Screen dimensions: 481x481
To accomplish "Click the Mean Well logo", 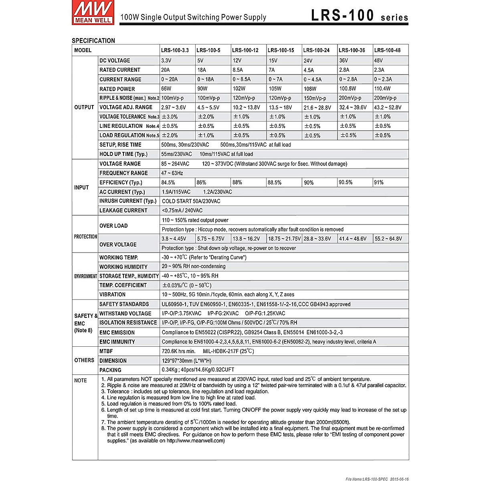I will click(93, 12).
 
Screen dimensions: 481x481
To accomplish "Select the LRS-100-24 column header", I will click(316, 50).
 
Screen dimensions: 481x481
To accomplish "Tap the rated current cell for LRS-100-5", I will click(202, 70).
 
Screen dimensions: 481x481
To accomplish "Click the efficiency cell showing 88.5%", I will click(275, 182).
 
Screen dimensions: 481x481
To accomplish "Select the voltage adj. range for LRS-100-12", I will click(246, 107).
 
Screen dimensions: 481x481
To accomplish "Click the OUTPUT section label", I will click(84, 107).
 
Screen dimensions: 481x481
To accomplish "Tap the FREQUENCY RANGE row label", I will click(123, 173).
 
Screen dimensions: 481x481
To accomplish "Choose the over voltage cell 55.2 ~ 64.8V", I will click(388, 238).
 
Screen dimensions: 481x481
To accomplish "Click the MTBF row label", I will click(106, 351).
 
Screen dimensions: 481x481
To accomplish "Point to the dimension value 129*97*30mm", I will click(186, 361).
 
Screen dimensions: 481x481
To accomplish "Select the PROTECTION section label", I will click(85, 236).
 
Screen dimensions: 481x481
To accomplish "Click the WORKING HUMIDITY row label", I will click(123, 267).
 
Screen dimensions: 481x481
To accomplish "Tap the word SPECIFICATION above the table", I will click(93, 40).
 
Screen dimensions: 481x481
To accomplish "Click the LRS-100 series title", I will click(359, 16).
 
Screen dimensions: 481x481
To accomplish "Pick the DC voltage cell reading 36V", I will click(344, 61).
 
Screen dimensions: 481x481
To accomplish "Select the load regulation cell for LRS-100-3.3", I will click(170, 135).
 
